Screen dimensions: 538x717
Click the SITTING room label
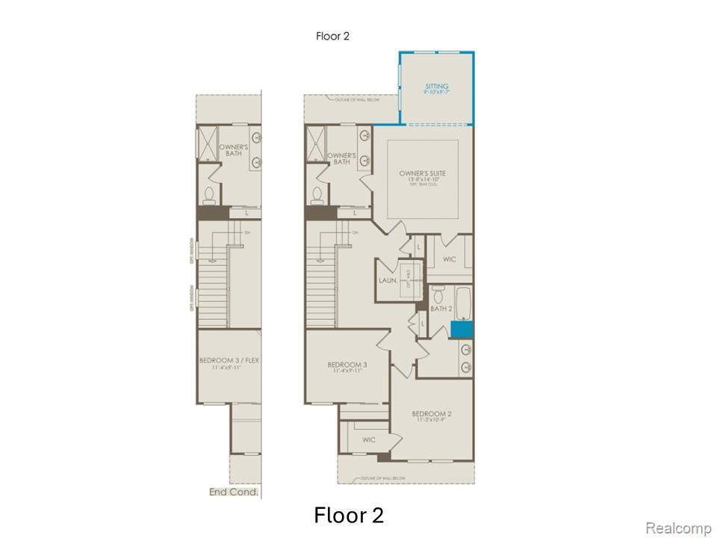point(436,87)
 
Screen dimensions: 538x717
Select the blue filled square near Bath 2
point(462,327)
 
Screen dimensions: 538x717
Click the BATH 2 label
point(441,308)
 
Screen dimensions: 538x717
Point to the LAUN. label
point(387,280)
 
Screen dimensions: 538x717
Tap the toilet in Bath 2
point(437,290)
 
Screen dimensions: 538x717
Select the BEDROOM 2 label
point(431,413)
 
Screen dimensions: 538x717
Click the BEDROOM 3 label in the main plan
point(347,365)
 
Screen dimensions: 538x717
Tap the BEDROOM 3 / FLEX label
point(229,361)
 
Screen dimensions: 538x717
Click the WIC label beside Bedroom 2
point(369,440)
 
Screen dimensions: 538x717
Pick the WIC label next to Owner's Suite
point(449,259)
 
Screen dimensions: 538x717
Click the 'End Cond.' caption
point(235,492)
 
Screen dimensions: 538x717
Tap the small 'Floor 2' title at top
point(332,35)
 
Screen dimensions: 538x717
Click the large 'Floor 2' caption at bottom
point(349,516)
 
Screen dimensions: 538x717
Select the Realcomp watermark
point(677,528)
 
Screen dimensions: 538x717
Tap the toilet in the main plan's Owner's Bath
point(317,194)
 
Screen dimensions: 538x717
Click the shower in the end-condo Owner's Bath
point(207,142)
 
